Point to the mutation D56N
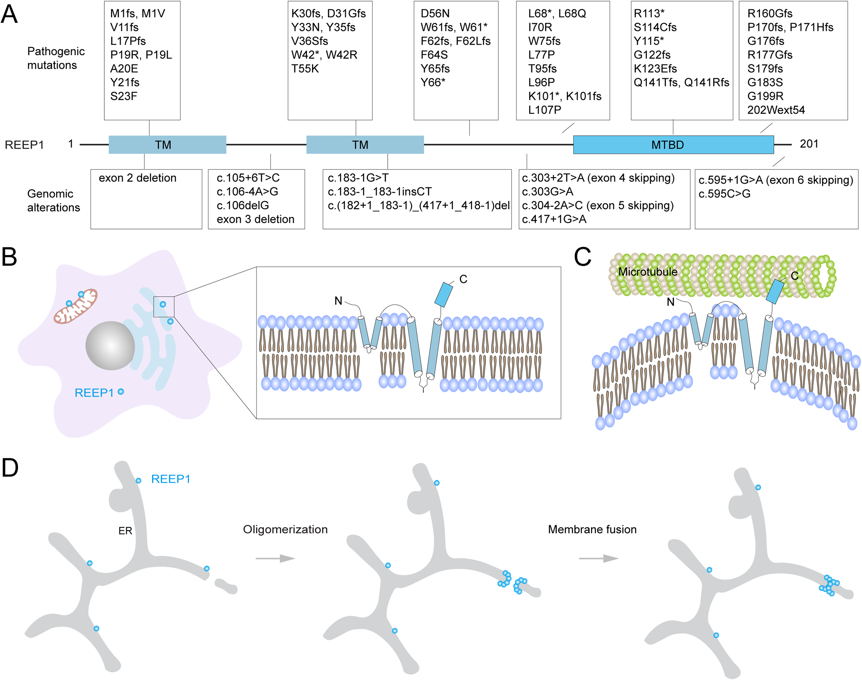click(x=435, y=14)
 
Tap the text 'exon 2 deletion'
click(x=137, y=178)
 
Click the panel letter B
click(x=9, y=257)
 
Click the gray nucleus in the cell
click(x=110, y=345)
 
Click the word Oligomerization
click(x=285, y=529)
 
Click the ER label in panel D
click(x=125, y=531)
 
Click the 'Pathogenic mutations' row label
click(x=56, y=58)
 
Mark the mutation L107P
click(x=545, y=110)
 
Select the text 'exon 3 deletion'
click(x=255, y=219)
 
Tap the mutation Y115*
click(x=648, y=41)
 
